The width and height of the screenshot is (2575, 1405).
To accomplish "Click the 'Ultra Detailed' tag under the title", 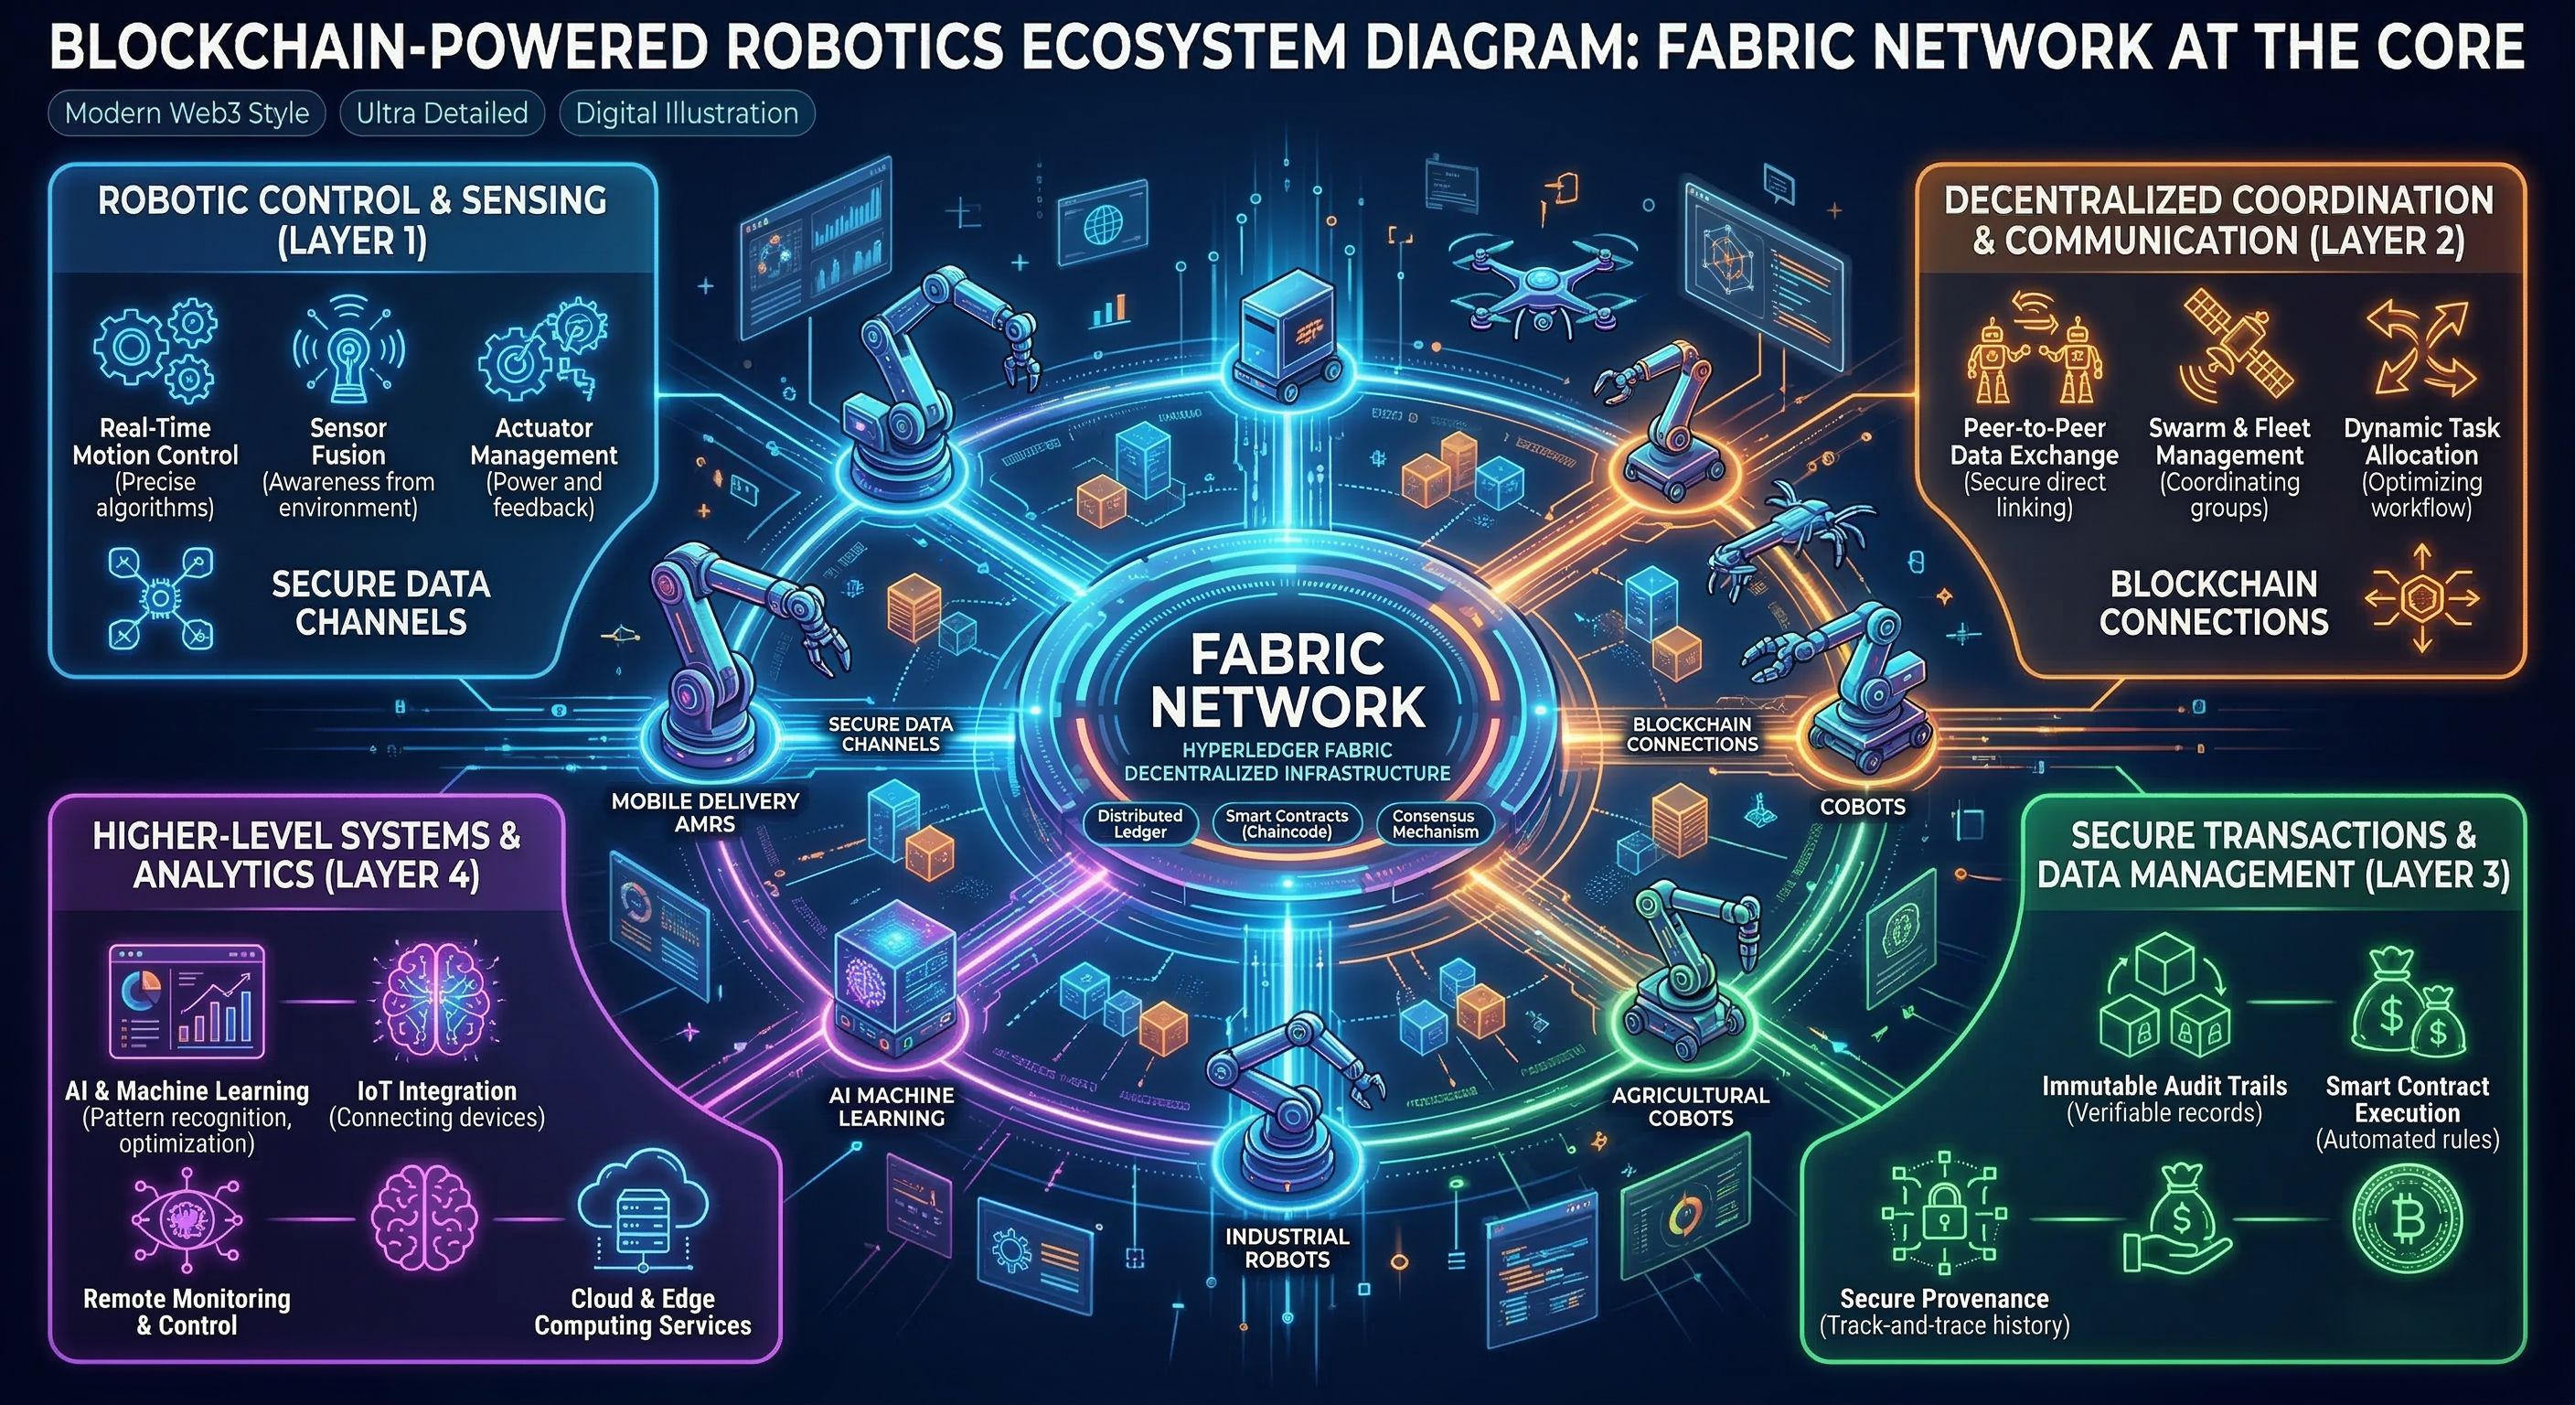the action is tap(442, 113).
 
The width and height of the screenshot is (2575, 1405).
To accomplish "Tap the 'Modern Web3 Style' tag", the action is tap(187, 113).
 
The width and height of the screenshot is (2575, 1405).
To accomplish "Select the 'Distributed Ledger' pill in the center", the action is tap(1139, 823).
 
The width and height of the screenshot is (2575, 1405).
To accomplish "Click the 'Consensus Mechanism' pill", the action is tap(1435, 823).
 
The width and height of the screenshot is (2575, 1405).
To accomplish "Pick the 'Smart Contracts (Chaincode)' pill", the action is tap(1287, 823).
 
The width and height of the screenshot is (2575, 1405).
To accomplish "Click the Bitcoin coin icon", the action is tap(2407, 1218).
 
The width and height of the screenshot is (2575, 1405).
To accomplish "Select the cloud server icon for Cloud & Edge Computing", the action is tap(642, 1211).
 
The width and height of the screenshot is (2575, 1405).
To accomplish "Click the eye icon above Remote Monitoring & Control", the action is tap(186, 1219).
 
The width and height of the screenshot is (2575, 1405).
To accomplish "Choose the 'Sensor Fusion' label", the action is tap(347, 441).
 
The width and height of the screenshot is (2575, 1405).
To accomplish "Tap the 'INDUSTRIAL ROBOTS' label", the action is tap(1287, 1248).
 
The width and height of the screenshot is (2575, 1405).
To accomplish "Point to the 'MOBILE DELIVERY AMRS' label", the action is tap(705, 812).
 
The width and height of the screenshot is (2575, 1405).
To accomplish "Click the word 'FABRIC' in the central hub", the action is tap(1287, 655).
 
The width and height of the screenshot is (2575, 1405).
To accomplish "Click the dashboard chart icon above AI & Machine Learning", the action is tap(187, 1001).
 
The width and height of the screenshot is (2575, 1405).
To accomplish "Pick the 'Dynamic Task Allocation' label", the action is tap(2421, 441).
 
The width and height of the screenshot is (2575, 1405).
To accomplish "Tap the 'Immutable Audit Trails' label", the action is tap(2164, 1086).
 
